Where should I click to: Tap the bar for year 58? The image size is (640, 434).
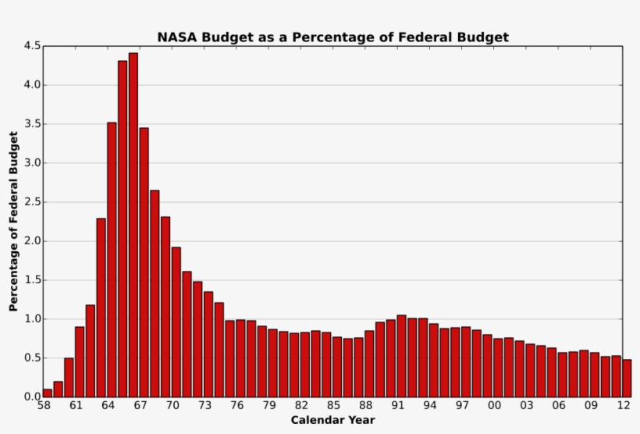48,393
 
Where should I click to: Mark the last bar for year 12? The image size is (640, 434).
627,378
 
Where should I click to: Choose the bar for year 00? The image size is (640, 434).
498,368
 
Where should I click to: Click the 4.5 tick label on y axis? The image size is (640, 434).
32,46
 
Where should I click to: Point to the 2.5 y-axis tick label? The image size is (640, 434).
32,202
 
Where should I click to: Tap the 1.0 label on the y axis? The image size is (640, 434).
32,319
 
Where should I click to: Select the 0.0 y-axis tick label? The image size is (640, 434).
32,397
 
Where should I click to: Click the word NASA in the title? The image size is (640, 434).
176,37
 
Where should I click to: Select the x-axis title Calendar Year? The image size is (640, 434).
333,420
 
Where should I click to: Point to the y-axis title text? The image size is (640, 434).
13,222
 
